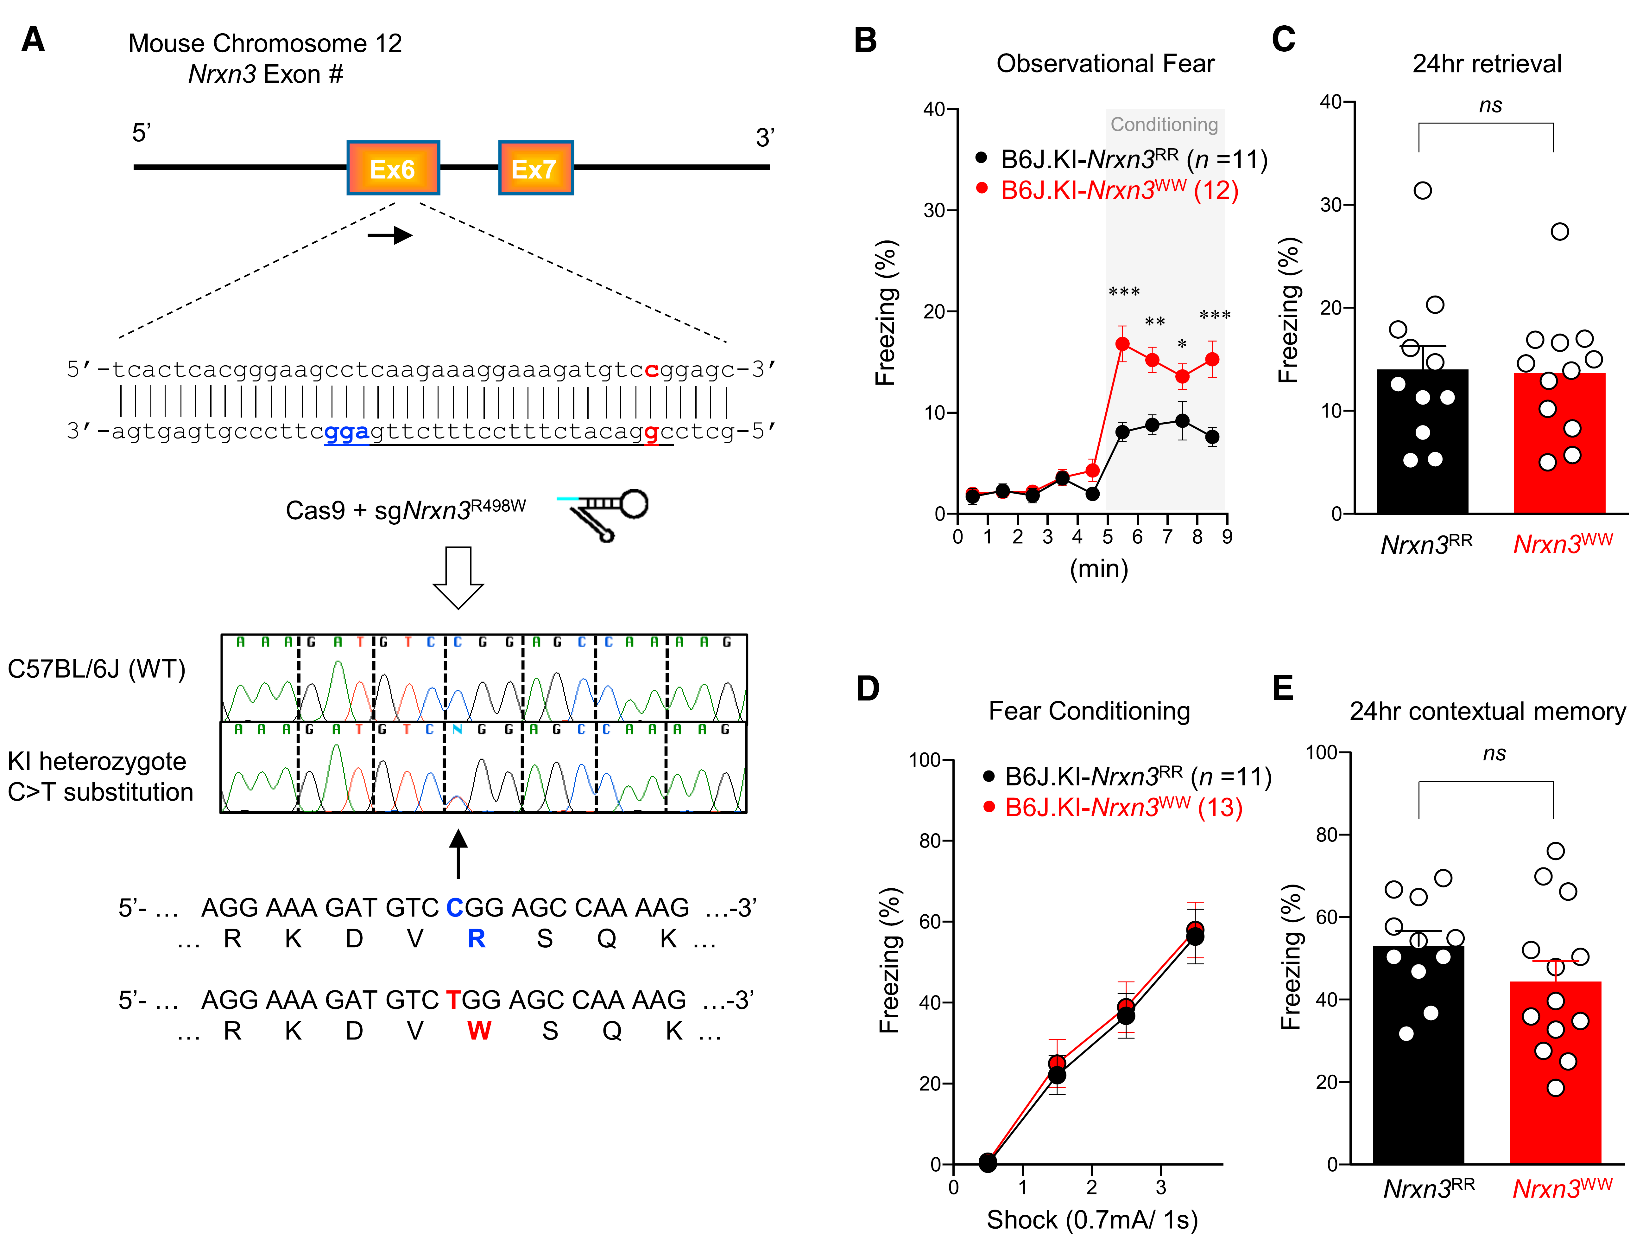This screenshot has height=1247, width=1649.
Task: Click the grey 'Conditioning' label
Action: click(1164, 125)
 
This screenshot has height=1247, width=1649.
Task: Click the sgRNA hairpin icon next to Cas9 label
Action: click(605, 513)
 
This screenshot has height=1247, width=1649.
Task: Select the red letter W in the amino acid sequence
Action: click(479, 1031)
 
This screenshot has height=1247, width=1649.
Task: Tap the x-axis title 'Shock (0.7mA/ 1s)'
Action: click(1092, 1219)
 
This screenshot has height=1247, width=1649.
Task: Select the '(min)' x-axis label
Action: click(1099, 569)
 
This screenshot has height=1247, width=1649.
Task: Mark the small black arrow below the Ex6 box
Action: click(390, 236)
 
